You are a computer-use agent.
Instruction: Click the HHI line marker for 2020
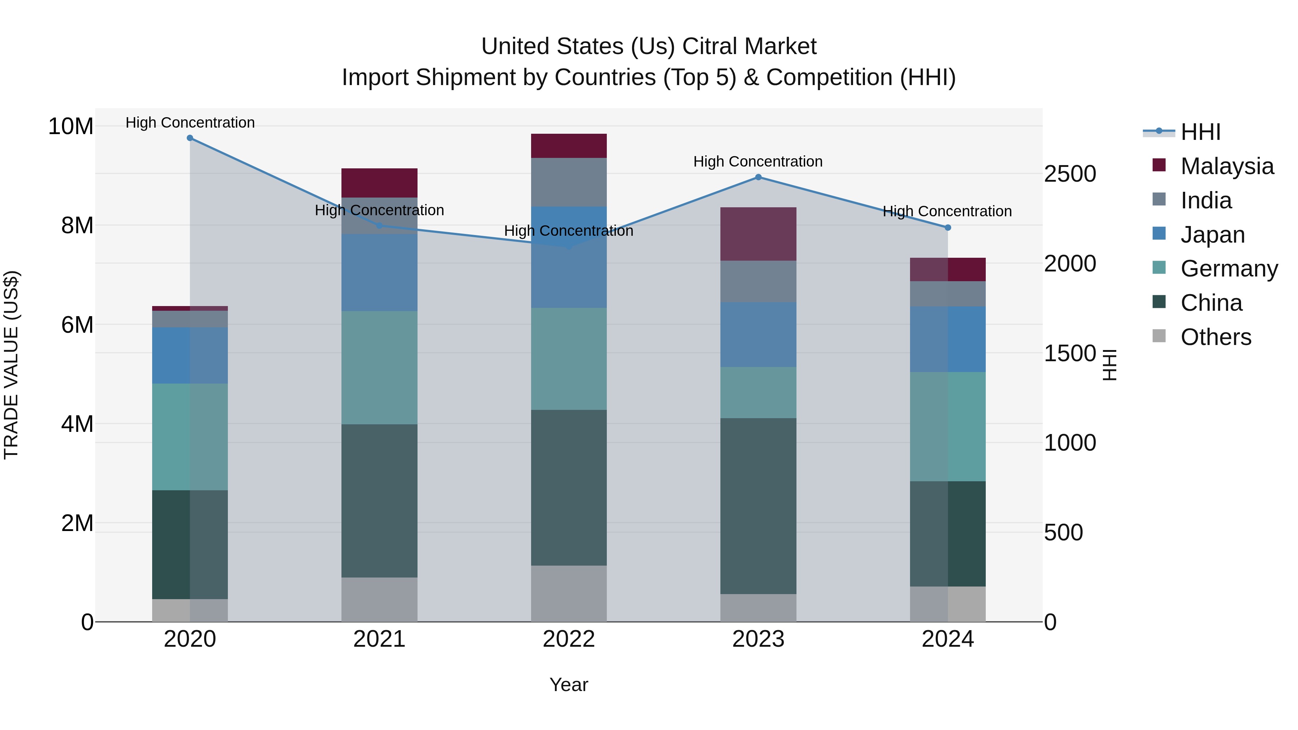pyautogui.click(x=190, y=138)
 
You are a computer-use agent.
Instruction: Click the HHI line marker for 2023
pyautogui.click(x=758, y=177)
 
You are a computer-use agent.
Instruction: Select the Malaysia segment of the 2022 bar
pyautogui.click(x=569, y=146)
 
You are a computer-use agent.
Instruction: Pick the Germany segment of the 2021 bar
pyautogui.click(x=379, y=367)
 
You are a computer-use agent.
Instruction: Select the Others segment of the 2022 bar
pyautogui.click(x=569, y=593)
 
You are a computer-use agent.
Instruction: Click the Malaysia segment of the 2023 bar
pyautogui.click(x=758, y=234)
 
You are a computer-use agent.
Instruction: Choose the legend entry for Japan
pyautogui.click(x=1212, y=235)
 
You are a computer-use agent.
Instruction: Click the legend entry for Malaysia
pyautogui.click(x=1227, y=166)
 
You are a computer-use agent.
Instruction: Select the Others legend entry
pyautogui.click(x=1215, y=337)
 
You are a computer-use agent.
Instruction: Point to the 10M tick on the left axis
pyautogui.click(x=71, y=126)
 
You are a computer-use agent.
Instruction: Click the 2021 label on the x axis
pyautogui.click(x=379, y=639)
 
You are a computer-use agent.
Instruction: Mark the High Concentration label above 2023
pyautogui.click(x=758, y=162)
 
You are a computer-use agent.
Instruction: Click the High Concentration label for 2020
pyautogui.click(x=190, y=123)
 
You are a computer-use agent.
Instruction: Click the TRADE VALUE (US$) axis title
pyautogui.click(x=12, y=365)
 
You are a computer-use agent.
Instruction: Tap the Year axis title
pyautogui.click(x=569, y=685)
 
